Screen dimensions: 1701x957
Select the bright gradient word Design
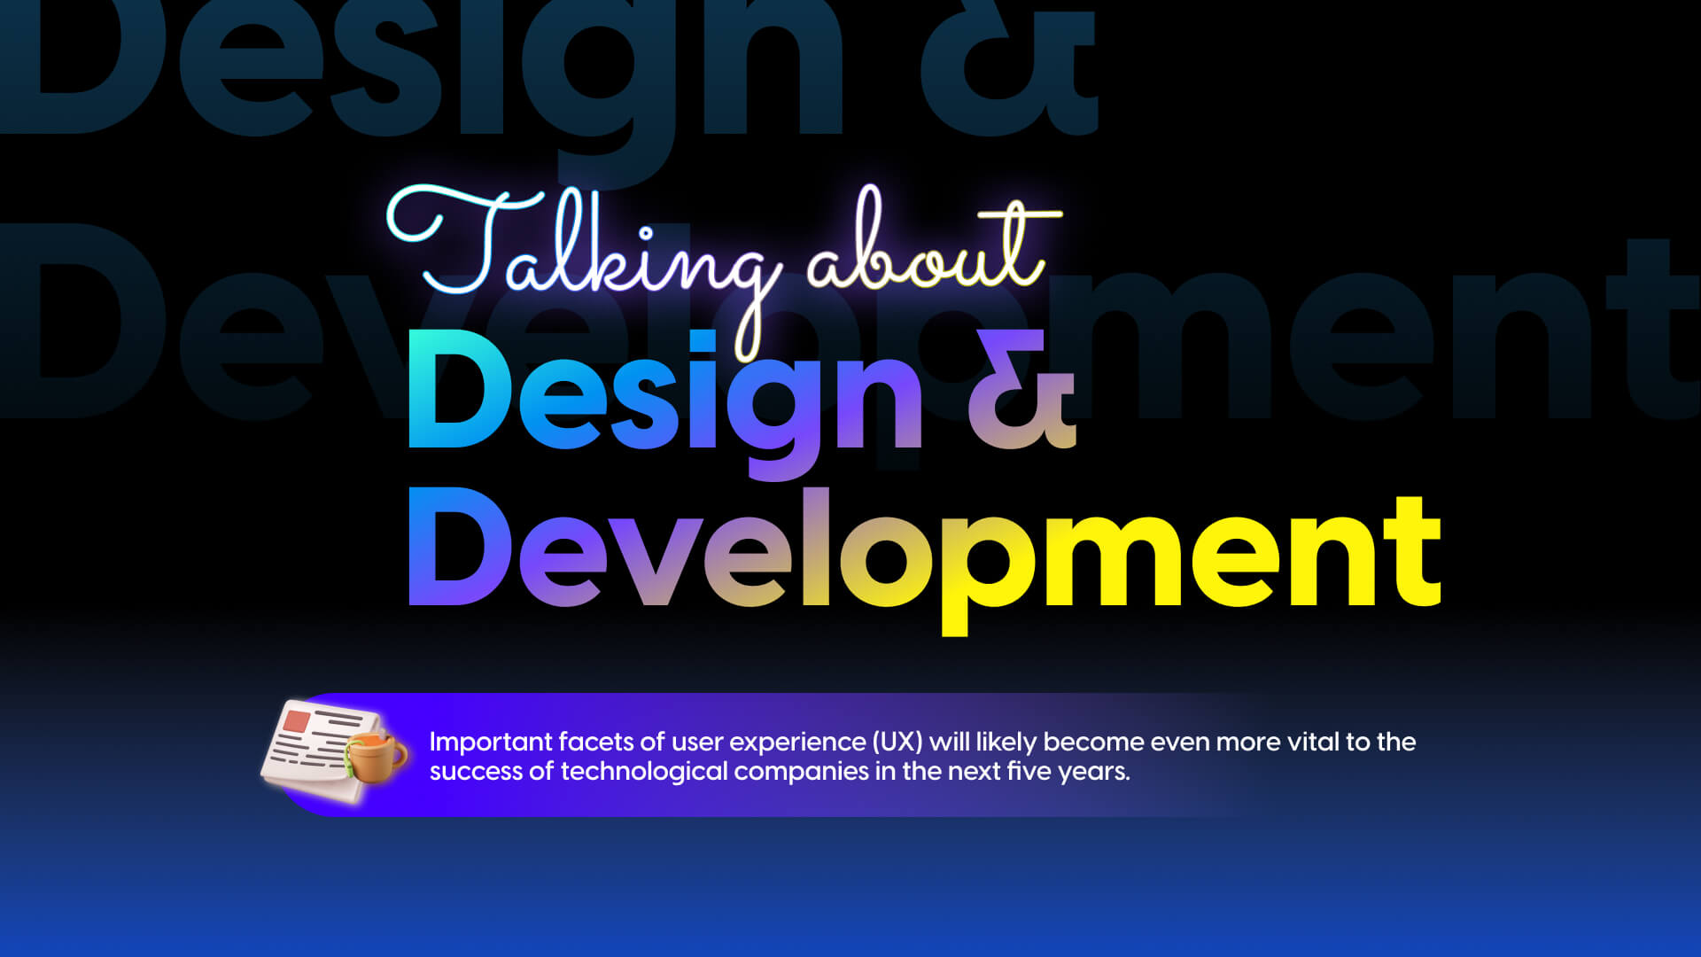pos(665,404)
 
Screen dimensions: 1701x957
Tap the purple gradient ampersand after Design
pos(1021,389)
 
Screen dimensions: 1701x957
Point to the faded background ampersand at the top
pos(1009,66)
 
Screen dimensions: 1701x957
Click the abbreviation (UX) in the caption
pos(897,742)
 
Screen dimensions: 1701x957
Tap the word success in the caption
pos(476,772)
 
